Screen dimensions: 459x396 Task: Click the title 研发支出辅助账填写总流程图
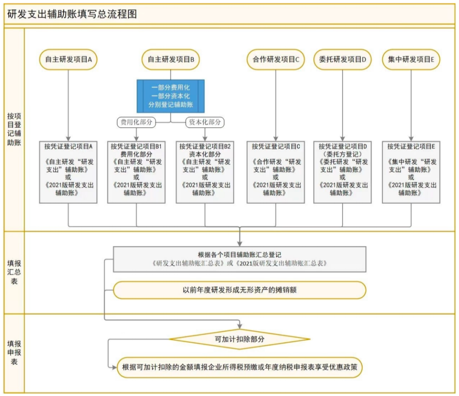point(72,14)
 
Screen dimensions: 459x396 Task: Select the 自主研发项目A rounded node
point(68,60)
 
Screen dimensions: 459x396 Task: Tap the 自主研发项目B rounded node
point(171,60)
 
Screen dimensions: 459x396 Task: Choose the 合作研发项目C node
point(276,60)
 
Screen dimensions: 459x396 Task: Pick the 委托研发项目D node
point(343,60)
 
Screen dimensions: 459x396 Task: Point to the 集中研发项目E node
point(411,60)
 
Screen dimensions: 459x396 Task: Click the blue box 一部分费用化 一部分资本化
point(171,96)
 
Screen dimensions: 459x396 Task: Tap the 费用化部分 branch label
point(136,122)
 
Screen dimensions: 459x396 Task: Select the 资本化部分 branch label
point(205,122)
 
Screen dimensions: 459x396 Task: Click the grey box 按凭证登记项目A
point(68,172)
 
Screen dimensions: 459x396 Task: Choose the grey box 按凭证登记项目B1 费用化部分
point(136,172)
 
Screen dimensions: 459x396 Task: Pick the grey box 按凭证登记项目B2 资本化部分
point(205,172)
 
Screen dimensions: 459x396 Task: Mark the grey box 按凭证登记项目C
point(276,172)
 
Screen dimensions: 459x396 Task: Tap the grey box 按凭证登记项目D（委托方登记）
point(343,172)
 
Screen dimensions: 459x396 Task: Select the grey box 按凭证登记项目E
point(411,172)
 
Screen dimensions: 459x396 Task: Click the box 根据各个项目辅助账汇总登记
point(240,259)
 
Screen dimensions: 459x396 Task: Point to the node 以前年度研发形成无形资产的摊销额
point(240,290)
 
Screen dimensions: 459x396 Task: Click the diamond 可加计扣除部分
point(240,339)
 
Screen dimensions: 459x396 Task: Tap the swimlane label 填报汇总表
point(14,272)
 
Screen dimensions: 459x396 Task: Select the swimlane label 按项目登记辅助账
point(14,129)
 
